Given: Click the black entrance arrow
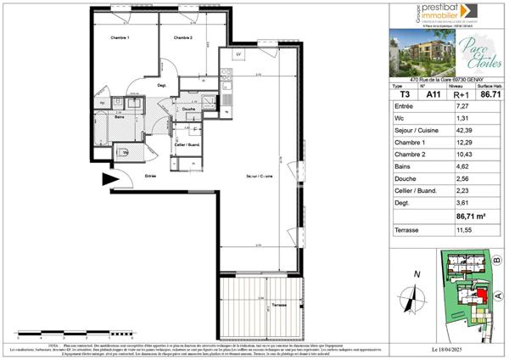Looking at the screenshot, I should (109, 179).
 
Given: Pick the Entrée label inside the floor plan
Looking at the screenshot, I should (150, 176).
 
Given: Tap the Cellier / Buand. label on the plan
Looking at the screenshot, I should (187, 143).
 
